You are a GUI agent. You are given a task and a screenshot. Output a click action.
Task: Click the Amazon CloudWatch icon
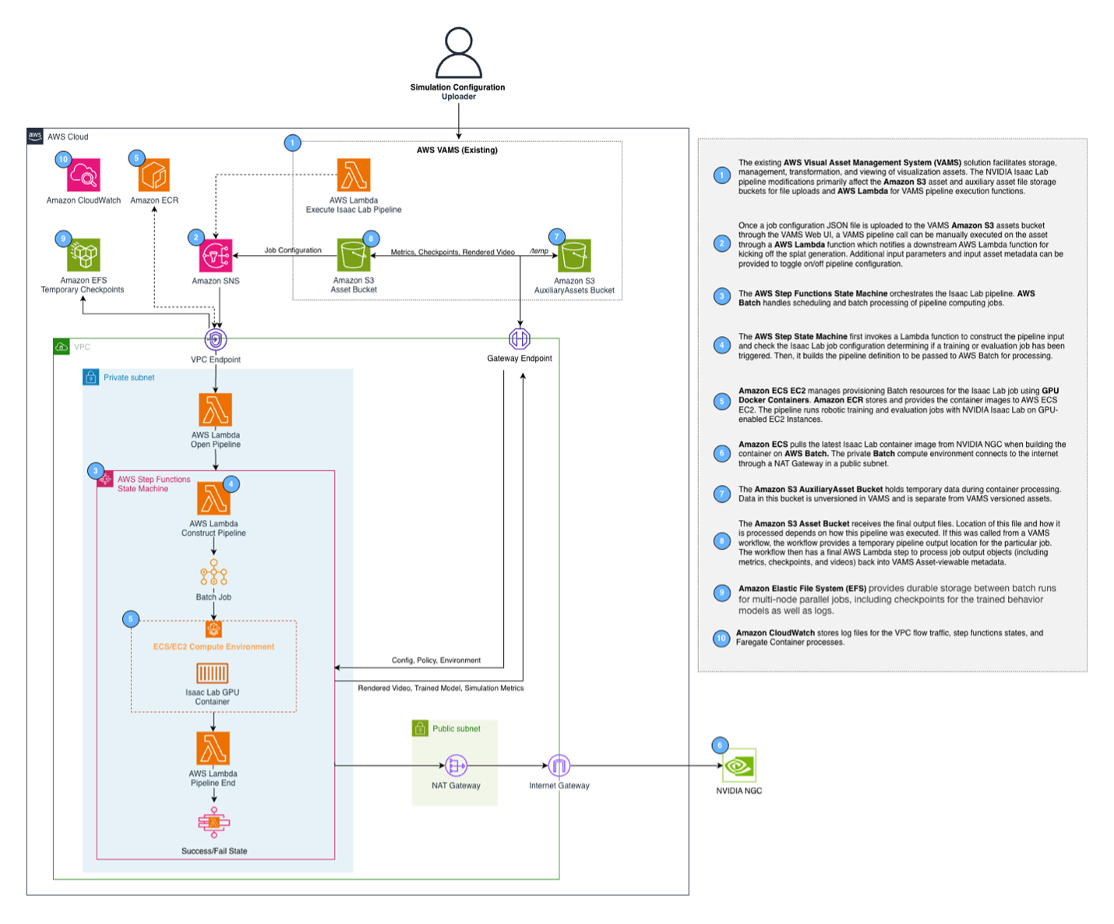83,175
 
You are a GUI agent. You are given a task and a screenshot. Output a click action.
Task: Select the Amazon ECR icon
154,175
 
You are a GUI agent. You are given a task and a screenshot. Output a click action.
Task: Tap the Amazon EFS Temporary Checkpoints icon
83,255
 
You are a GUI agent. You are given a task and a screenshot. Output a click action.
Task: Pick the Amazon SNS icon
216,255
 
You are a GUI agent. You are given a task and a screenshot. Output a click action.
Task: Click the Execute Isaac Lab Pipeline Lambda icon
354,175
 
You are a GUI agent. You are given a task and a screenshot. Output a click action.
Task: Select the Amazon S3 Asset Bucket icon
354,255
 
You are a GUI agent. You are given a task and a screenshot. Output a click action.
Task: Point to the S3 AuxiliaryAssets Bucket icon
574,256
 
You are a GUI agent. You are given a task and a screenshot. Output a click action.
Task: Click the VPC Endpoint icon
216,340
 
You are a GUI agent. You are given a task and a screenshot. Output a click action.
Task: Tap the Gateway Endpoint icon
520,338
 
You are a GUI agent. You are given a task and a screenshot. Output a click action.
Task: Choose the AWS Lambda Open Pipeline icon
216,409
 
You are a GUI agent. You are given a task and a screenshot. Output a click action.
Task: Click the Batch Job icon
213,573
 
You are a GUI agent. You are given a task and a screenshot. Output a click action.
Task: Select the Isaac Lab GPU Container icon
212,673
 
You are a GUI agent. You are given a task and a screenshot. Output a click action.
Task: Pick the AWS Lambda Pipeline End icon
213,749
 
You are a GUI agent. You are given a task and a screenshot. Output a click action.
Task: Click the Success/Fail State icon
213,823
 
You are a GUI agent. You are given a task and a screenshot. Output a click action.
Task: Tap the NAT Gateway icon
456,766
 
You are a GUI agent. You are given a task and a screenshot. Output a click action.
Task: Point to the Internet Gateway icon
559,766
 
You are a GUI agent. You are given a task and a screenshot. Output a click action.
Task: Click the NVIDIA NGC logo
739,767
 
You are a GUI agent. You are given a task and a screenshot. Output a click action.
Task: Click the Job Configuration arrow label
293,250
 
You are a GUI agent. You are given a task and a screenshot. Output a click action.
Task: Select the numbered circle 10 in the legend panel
721,638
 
